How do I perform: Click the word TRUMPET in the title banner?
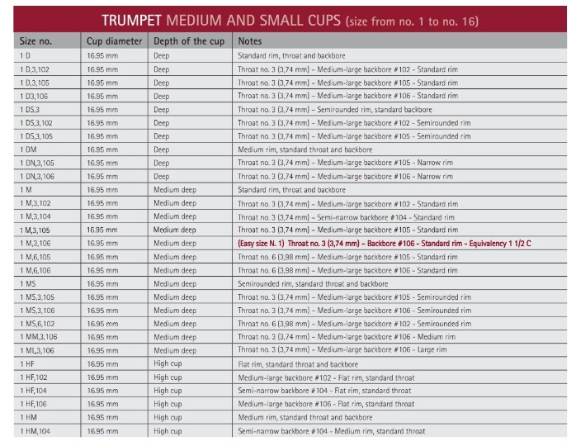pos(131,21)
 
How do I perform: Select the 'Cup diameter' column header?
pos(114,41)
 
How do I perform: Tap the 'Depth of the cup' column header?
pos(189,41)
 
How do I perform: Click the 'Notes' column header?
pos(250,41)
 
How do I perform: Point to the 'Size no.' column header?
pos(35,41)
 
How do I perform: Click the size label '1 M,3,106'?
pos(35,244)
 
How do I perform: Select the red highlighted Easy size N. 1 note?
pos(385,244)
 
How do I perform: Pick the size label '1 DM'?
pos(28,149)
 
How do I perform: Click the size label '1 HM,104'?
pos(35,431)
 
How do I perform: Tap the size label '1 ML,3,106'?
pos(37,351)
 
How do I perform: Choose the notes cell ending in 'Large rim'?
pos(342,349)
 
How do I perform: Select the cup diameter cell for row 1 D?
pos(102,56)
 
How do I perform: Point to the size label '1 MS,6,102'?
pos(37,324)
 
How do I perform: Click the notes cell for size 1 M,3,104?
pos(346,217)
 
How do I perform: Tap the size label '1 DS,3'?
pos(30,110)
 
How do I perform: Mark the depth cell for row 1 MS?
pos(175,284)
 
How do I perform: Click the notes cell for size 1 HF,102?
pos(326,377)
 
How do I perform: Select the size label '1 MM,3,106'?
pos(39,337)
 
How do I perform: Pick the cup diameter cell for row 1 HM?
pos(102,418)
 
